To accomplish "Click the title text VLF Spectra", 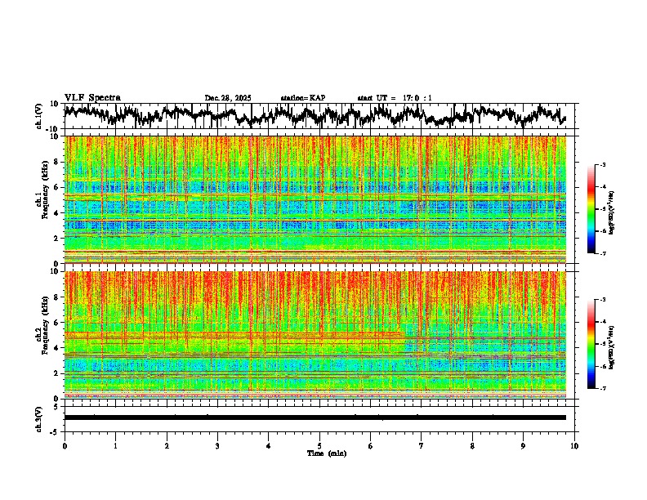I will [x=92, y=97].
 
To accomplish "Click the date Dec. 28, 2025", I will [x=228, y=98].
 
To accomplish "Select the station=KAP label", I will [x=302, y=98].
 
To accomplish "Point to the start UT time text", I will [x=395, y=98].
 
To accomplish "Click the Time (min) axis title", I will [x=326, y=453].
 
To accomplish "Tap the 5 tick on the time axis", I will [x=319, y=446].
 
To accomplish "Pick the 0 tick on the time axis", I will [x=65, y=446].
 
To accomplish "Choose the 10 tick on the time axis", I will [x=574, y=446].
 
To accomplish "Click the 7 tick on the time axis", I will [x=422, y=446].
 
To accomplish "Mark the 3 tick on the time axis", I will [x=217, y=446].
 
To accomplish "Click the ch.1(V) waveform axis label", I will [x=39, y=117].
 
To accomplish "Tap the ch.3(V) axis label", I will [x=39, y=417].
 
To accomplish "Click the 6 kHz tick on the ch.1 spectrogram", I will [x=57, y=187].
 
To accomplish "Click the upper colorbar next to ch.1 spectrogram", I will [x=591, y=209].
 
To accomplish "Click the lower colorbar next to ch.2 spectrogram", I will [x=591, y=344].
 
